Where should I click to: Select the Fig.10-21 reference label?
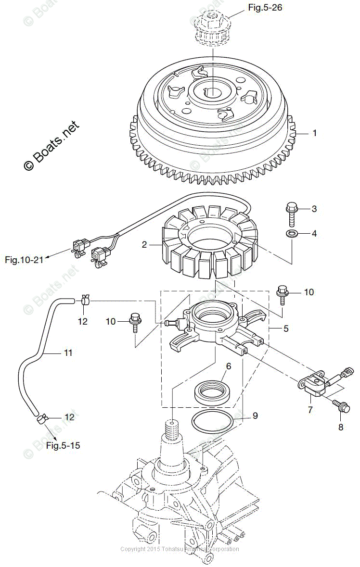24,260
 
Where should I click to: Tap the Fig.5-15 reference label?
63,445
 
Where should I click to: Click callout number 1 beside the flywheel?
315,133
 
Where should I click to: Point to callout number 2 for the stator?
144,245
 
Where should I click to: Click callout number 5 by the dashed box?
286,329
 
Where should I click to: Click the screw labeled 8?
342,407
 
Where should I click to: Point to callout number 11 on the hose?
68,353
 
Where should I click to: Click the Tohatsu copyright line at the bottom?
180,549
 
